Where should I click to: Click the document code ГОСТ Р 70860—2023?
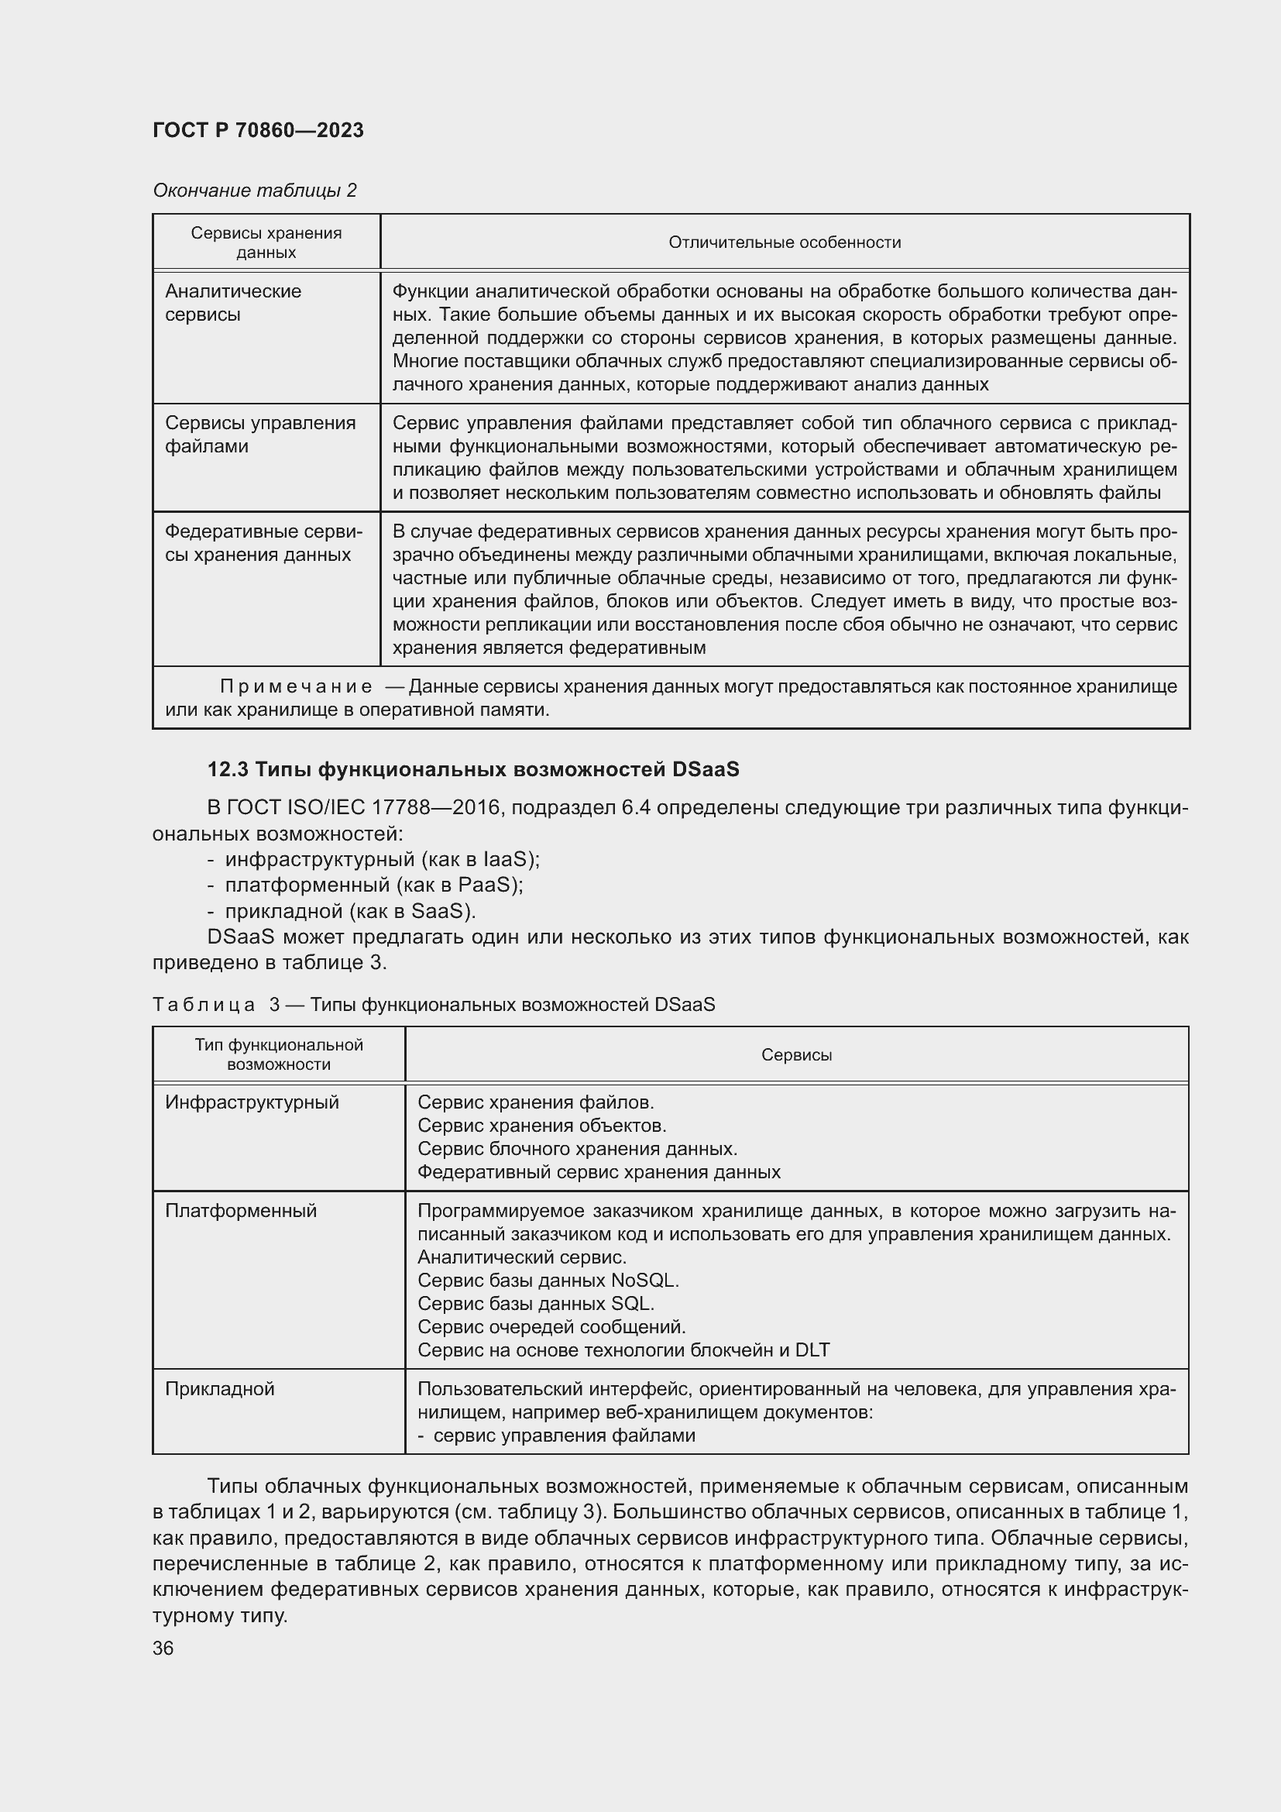[258, 130]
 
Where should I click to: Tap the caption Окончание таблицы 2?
[254, 191]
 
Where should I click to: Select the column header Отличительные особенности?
[784, 242]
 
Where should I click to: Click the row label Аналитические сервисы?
[232, 302]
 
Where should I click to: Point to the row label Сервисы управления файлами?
[259, 434]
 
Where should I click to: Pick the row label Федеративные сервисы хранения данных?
[263, 543]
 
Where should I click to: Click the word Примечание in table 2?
[296, 686]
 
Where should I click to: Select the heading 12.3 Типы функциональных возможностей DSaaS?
[472, 768]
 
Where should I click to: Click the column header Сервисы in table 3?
[796, 1054]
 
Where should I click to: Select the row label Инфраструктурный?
[252, 1102]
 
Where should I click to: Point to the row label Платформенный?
[241, 1210]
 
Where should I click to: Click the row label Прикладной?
[219, 1388]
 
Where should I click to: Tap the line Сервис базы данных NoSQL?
[548, 1279]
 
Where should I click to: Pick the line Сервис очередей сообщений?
[551, 1326]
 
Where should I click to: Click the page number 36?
[163, 1648]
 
